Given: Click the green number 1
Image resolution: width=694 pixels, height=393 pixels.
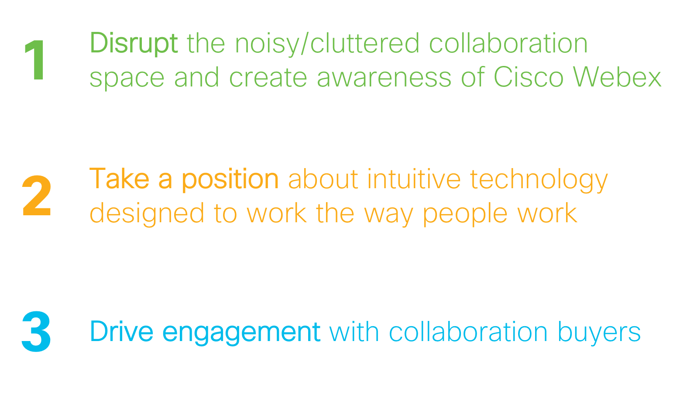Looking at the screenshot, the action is pos(36,60).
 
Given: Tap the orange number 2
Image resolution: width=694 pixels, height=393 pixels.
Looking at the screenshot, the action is pos(37,195).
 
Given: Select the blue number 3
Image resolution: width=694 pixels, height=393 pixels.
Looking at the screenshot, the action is pos(36,331).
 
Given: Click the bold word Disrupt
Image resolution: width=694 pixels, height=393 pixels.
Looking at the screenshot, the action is pos(134,44).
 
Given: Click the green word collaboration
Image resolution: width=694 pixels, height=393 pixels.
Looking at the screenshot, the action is pos(508,43).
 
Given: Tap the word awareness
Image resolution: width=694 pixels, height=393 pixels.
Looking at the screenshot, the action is pos(384,78).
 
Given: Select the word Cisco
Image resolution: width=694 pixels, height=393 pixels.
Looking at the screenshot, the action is pos(528,77).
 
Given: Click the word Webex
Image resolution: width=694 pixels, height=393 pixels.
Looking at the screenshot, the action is pos(617,76).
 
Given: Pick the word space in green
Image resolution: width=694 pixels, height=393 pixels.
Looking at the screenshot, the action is pos(127,79).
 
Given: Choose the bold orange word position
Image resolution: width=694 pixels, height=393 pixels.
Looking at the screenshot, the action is pos(230,180).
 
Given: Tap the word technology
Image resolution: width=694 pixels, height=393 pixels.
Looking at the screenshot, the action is pos(539,180).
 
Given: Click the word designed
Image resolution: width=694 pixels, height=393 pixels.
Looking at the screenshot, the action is pos(147,214).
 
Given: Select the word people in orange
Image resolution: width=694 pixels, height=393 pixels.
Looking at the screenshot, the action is pos(465,214).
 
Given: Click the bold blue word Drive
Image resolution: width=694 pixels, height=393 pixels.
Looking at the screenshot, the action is pos(121,331).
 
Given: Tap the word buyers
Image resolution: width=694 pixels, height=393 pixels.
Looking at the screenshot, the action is pos(599,333).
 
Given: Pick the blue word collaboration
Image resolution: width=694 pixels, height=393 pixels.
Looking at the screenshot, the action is pos(468,331).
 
